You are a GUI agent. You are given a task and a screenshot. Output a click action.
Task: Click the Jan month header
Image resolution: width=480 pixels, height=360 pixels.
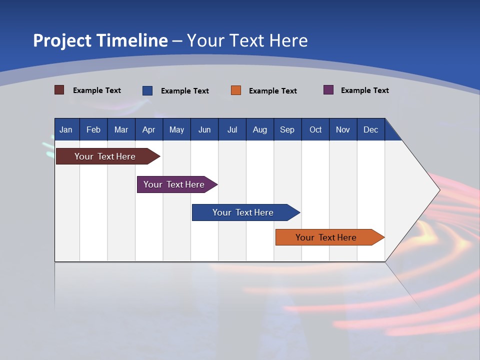tap(66, 129)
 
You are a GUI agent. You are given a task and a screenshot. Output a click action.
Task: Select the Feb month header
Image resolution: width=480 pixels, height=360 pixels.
tap(93, 129)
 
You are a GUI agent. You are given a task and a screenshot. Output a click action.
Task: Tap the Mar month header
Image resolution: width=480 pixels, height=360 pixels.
tap(121, 129)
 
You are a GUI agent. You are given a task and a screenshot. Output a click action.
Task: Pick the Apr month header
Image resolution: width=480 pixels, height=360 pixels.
tap(148, 129)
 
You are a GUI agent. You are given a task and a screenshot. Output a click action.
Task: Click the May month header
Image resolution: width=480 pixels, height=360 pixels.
tap(176, 129)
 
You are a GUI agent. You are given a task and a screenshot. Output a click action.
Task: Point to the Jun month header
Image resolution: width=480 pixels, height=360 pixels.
tap(204, 129)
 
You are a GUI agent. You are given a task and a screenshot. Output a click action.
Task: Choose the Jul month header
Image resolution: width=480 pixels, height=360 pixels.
tap(232, 129)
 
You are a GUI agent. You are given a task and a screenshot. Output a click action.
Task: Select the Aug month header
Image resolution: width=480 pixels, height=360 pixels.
tap(260, 129)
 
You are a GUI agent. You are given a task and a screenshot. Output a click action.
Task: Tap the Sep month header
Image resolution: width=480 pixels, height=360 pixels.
tap(287, 129)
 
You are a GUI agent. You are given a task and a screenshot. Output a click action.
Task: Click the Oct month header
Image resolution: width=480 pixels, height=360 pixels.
tap(315, 129)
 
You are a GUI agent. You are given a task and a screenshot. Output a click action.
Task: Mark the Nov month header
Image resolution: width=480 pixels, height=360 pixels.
tap(343, 129)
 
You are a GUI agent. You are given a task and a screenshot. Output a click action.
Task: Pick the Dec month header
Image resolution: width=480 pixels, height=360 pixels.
tap(371, 129)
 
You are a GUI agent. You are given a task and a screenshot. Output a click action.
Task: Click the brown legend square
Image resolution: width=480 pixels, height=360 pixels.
tap(59, 90)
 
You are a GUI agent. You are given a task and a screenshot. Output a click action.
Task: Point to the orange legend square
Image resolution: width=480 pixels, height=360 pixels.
tap(236, 90)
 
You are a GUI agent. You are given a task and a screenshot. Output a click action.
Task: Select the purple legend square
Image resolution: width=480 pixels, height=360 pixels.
tap(328, 90)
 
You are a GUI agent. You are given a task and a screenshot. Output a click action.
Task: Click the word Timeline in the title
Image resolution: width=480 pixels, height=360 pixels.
tap(132, 40)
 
